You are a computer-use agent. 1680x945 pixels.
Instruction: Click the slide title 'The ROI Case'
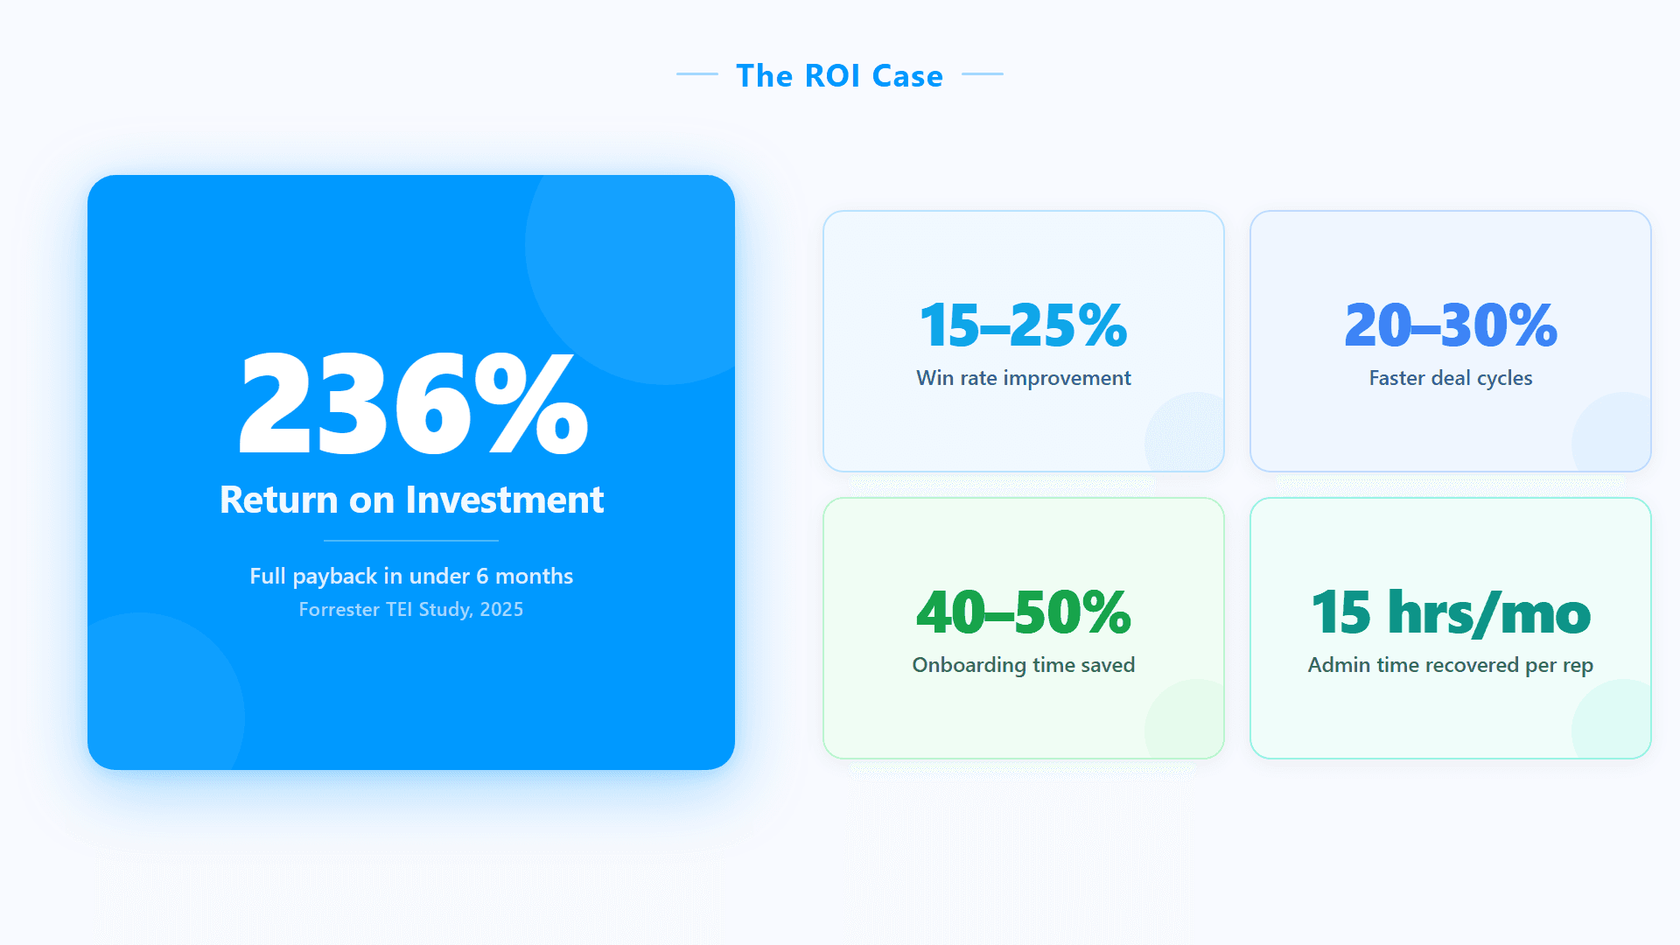839,76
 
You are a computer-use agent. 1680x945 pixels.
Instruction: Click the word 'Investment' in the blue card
504,500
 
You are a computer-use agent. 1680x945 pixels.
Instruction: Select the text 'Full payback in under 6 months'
411,576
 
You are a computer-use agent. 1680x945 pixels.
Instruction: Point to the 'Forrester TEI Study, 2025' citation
411,609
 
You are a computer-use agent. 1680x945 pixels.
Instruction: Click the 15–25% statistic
1023,325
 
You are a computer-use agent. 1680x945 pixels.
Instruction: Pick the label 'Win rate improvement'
1023,378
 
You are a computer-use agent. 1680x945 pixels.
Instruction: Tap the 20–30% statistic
1450,325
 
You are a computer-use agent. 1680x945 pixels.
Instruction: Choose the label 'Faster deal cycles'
1450,378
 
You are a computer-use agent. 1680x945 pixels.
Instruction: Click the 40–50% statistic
1023,612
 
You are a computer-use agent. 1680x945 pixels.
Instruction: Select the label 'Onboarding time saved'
1023,665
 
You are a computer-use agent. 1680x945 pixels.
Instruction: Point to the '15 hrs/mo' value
1450,612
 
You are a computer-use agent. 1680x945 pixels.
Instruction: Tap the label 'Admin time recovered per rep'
1450,665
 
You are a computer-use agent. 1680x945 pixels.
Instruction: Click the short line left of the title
696,74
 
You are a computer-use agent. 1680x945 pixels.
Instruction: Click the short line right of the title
982,74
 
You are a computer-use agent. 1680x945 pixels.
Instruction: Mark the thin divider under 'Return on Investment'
411,541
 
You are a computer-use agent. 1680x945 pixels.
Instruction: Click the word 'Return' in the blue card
278,500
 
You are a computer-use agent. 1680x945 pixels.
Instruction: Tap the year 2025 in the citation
501,609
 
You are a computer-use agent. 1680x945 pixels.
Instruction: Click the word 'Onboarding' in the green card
969,665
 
